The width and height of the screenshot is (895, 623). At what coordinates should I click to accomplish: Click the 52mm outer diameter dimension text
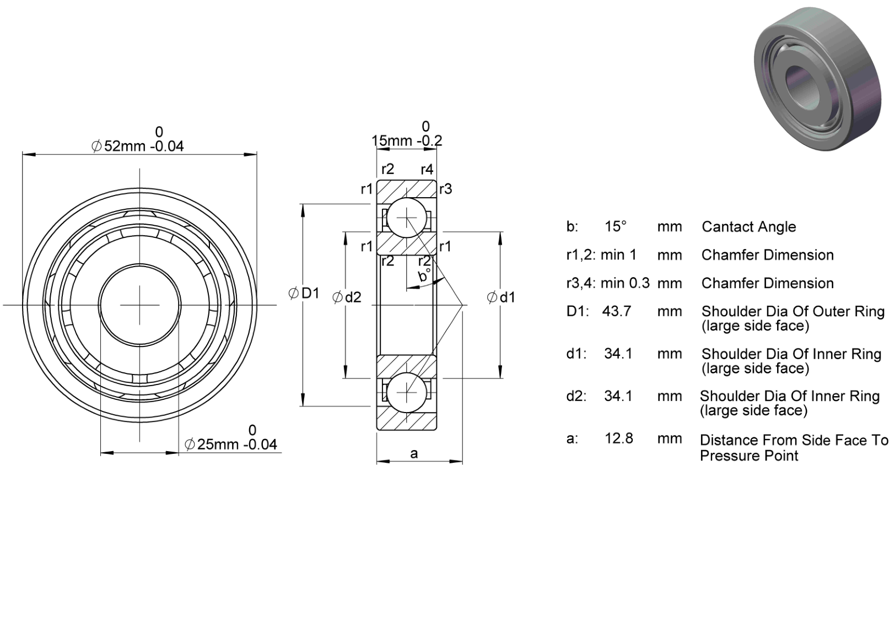(x=138, y=146)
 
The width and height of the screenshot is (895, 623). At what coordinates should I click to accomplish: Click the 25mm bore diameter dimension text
(x=231, y=444)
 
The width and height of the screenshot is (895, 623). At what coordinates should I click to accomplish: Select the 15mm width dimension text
(x=407, y=140)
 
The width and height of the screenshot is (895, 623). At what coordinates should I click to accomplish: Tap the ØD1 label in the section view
(x=304, y=294)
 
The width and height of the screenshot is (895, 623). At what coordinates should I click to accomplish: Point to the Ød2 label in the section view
(x=347, y=297)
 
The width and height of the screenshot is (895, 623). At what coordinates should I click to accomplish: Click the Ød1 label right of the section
(x=501, y=297)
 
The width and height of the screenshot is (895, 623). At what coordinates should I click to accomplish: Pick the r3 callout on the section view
(x=446, y=189)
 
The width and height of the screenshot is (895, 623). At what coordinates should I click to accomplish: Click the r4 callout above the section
(x=427, y=170)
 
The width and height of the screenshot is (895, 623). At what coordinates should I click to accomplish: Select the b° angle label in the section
(x=425, y=275)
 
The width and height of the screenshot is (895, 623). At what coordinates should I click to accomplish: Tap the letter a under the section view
(x=414, y=454)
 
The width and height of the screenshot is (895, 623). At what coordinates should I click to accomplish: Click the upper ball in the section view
(x=407, y=218)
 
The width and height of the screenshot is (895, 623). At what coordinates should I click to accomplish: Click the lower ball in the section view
(x=406, y=393)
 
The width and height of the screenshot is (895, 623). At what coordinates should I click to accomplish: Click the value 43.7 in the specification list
(x=617, y=311)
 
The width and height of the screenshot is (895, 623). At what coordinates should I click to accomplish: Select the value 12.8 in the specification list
(x=619, y=438)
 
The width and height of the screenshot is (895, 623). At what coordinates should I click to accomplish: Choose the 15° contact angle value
(x=616, y=227)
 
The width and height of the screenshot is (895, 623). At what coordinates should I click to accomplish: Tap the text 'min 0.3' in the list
(x=626, y=283)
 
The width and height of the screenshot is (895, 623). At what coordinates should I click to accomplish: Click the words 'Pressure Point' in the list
(x=749, y=456)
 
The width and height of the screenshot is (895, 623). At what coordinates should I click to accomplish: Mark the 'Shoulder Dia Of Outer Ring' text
(x=793, y=312)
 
